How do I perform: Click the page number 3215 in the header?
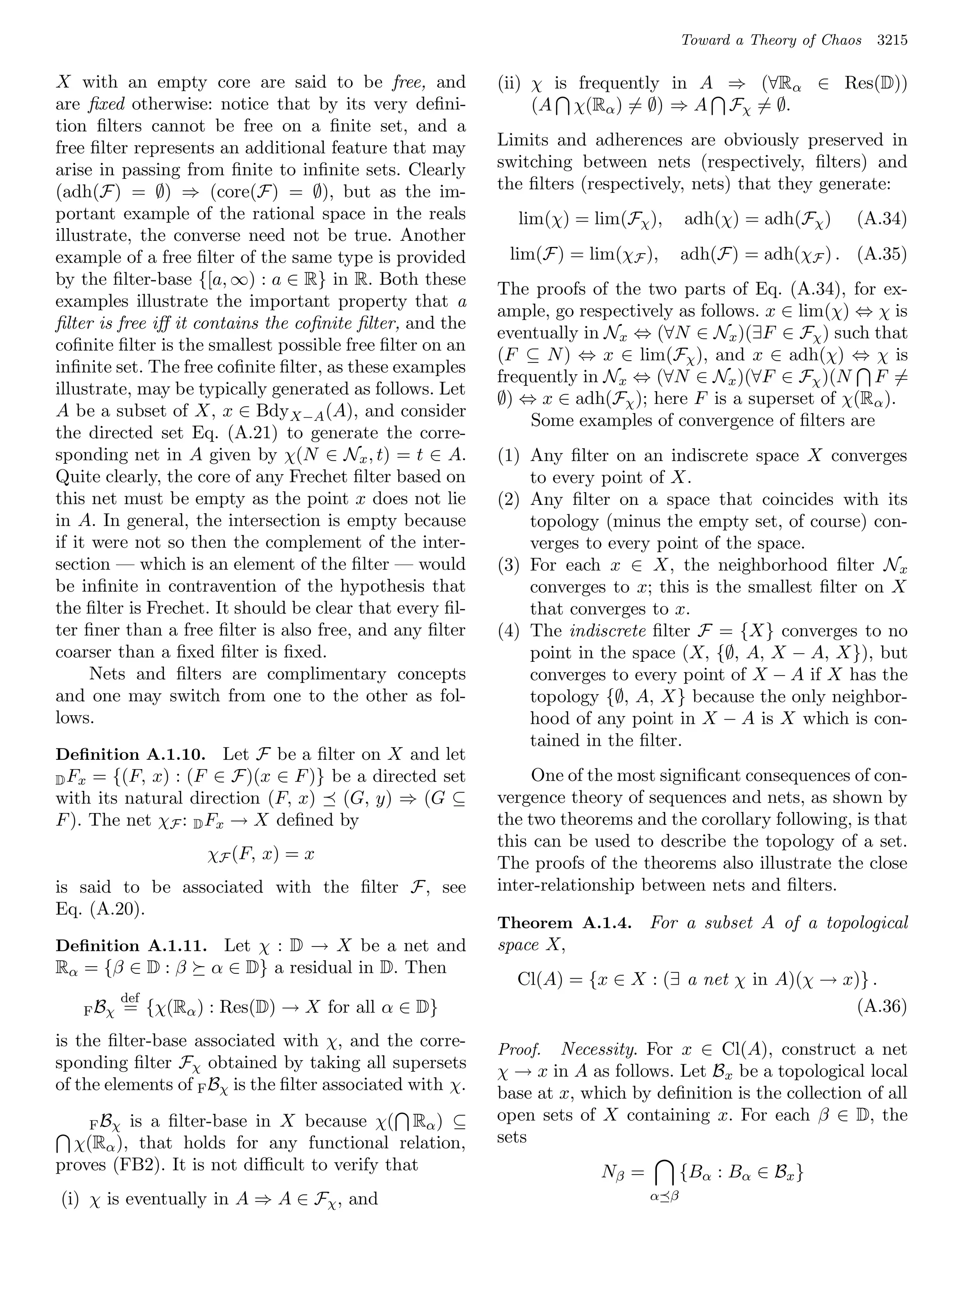tap(892, 41)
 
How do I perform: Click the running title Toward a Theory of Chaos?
tap(771, 41)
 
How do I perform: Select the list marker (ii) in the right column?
tap(509, 83)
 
